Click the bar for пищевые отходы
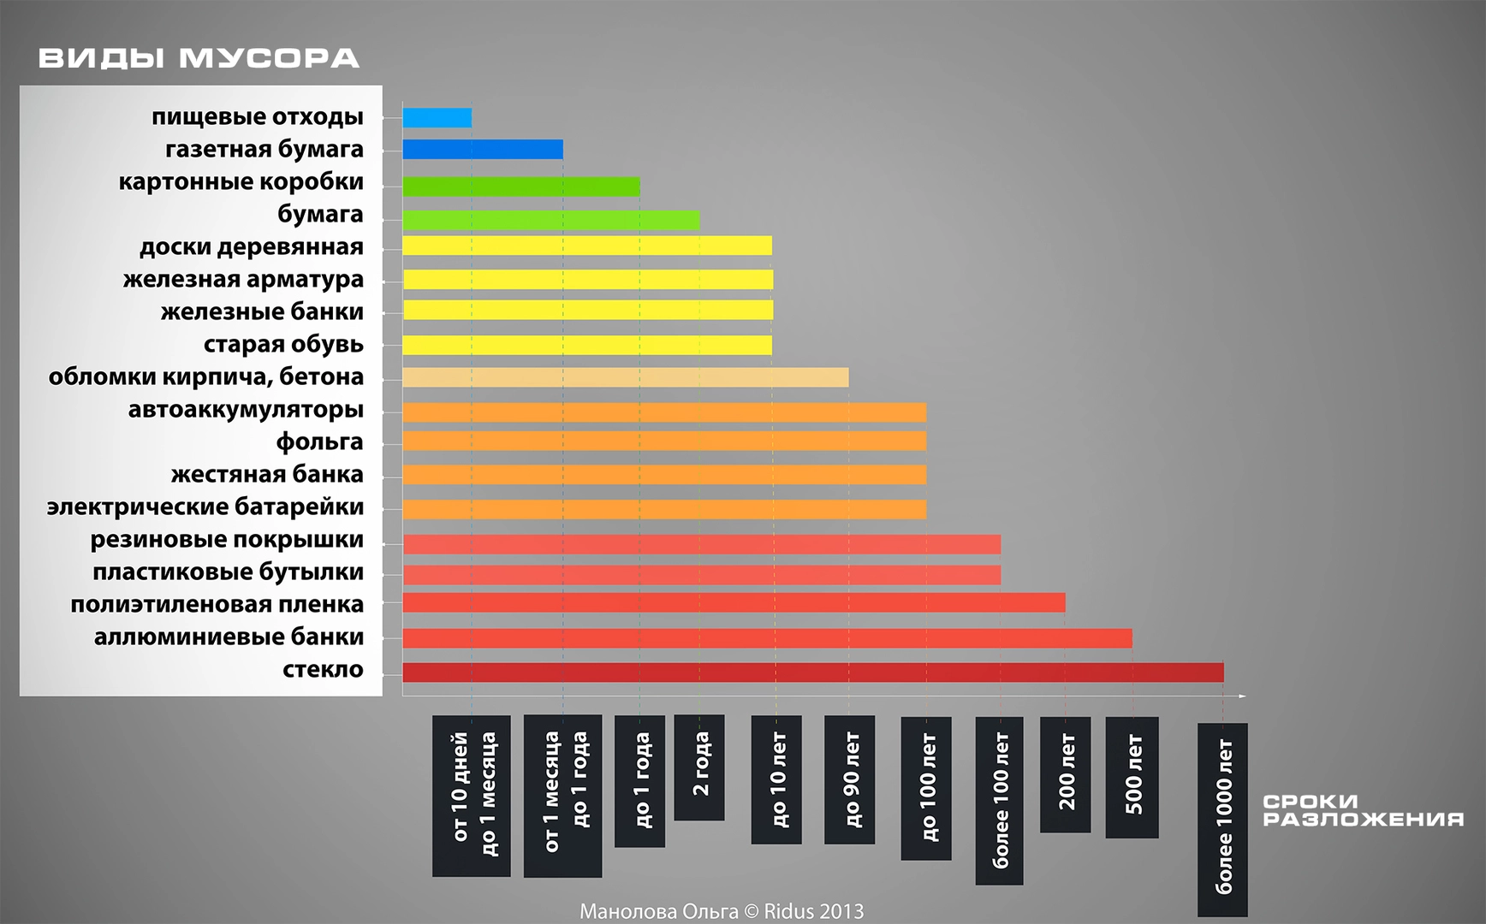tap(437, 118)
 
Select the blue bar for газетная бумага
tap(483, 150)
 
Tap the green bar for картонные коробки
tap(520, 187)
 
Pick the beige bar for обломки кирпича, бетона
tap(625, 377)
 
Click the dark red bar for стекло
tap(812, 672)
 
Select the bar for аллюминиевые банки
tap(767, 638)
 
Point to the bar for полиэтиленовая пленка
tap(734, 603)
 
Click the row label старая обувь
tap(283, 345)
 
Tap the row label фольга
tap(319, 442)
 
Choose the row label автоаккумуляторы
tap(246, 410)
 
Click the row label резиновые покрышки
tap(227, 540)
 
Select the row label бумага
tap(320, 215)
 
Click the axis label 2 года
tap(699, 767)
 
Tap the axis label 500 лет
tap(1132, 777)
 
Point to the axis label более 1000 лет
tap(1222, 819)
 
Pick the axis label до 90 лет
tap(849, 779)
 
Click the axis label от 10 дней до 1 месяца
tap(472, 796)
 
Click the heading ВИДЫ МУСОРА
tap(199, 58)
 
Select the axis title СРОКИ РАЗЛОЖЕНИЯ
tap(1363, 810)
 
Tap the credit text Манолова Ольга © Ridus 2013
tap(722, 911)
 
